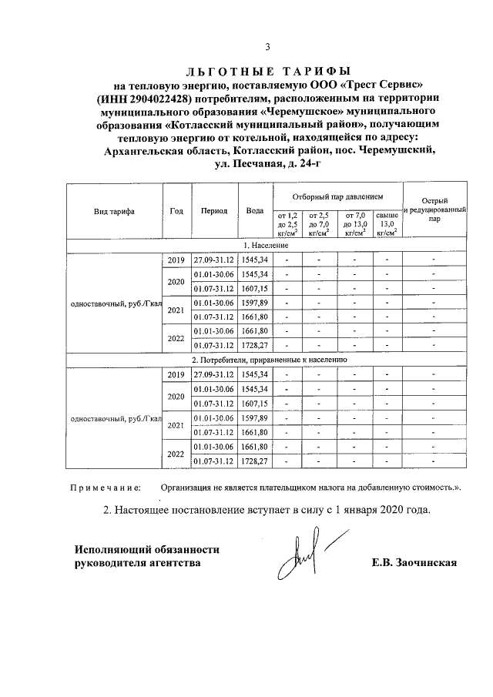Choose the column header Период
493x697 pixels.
click(x=214, y=211)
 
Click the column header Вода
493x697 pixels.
click(x=253, y=211)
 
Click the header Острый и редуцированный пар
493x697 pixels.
click(x=435, y=209)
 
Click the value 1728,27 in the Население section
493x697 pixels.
click(x=253, y=346)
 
